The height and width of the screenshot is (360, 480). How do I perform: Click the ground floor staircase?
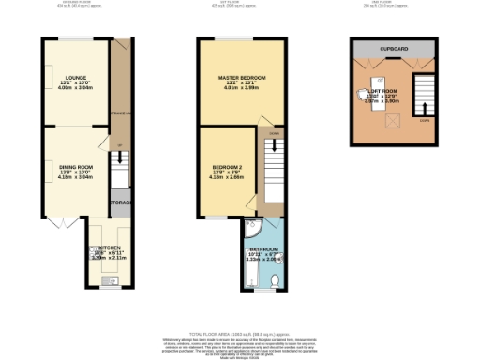tap(119, 172)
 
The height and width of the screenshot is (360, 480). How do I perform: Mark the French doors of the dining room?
tap(60, 222)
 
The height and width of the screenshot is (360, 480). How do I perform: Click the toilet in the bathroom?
tap(274, 281)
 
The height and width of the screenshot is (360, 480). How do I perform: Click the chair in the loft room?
tap(366, 93)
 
